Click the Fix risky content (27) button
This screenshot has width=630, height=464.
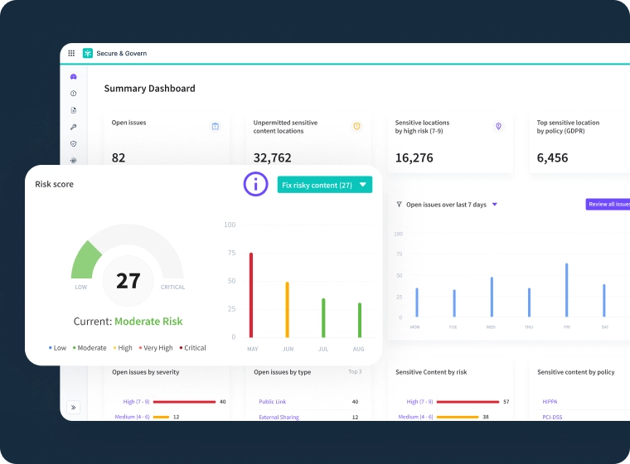tap(324, 185)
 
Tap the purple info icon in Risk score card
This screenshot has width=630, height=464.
tap(256, 184)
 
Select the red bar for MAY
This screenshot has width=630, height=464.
tap(251, 294)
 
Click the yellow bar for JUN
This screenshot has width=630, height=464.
tap(287, 309)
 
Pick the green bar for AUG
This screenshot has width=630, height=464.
tap(359, 319)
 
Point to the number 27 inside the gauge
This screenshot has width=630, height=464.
tap(128, 281)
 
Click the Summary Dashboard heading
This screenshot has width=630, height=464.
tap(149, 89)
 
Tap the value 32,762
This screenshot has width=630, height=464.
tap(272, 157)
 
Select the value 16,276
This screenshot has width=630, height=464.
tap(414, 157)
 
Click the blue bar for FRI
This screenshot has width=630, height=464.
tap(566, 290)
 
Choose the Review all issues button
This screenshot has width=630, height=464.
tap(608, 204)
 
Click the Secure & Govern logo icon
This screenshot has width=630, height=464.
tap(88, 53)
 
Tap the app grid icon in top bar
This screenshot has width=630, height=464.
tap(71, 53)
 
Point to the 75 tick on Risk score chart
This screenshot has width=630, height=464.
tap(230, 253)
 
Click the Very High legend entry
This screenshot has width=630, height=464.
tap(157, 348)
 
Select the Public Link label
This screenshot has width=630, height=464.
tap(273, 401)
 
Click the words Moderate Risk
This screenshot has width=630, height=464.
tap(148, 321)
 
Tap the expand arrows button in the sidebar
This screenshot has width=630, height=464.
tap(73, 407)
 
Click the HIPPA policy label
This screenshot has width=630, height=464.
tap(550, 401)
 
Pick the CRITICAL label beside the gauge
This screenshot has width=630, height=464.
tap(172, 288)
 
